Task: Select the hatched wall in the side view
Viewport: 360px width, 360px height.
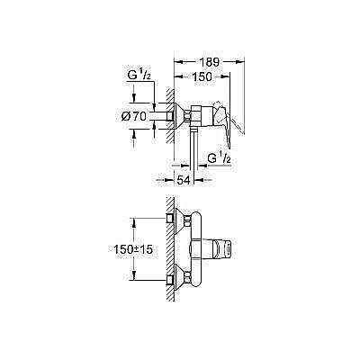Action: [167, 117]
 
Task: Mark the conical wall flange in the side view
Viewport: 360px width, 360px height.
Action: [180, 117]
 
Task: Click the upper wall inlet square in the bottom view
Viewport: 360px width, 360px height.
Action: [171, 219]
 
